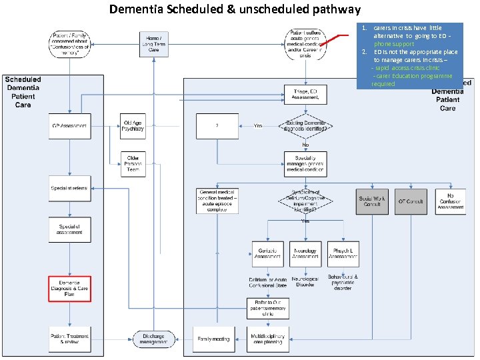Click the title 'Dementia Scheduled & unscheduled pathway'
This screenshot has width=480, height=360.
(235, 9)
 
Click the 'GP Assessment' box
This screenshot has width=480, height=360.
(69, 126)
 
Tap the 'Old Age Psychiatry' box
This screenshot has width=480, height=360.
(133, 125)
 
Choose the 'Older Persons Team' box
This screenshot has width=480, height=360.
(133, 163)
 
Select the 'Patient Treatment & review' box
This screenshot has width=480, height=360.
(69, 339)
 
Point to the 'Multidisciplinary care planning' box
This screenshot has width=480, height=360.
(268, 339)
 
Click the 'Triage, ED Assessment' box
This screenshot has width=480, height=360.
(305, 94)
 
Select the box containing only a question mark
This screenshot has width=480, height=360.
(217, 126)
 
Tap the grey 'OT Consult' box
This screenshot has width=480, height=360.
(411, 201)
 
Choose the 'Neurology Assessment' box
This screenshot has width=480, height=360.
(305, 253)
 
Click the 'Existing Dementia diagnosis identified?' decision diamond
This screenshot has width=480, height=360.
(305, 126)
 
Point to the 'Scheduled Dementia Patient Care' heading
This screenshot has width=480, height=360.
(23, 92)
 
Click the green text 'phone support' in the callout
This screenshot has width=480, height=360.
(397, 44)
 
